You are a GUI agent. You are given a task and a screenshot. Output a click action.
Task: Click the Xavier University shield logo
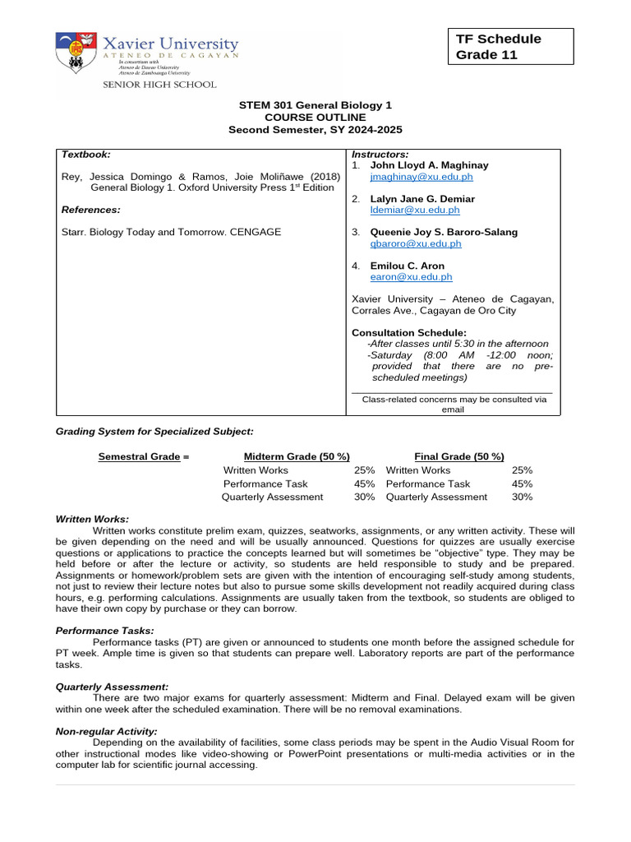pyautogui.click(x=74, y=52)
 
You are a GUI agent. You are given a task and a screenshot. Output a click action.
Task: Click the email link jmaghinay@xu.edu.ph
pyautogui.click(x=421, y=177)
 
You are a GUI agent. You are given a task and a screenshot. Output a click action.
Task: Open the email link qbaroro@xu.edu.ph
pyautogui.click(x=416, y=243)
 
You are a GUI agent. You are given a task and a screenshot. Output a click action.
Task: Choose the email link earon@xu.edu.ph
pyautogui.click(x=411, y=277)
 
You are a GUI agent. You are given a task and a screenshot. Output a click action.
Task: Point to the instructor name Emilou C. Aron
pyautogui.click(x=407, y=266)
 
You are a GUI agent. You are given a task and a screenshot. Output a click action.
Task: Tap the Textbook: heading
pyautogui.click(x=86, y=155)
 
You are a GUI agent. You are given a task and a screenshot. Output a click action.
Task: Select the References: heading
pyautogui.click(x=91, y=210)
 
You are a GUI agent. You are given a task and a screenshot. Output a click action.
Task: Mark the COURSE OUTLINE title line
pyautogui.click(x=315, y=118)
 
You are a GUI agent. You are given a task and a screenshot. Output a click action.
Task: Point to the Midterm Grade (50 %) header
pyautogui.click(x=297, y=456)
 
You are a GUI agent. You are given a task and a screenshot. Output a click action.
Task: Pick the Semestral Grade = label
pyautogui.click(x=144, y=456)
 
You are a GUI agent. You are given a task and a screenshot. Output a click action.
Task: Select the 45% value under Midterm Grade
pyautogui.click(x=364, y=483)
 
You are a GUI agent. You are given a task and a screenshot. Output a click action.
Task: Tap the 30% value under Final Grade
pyautogui.click(x=522, y=497)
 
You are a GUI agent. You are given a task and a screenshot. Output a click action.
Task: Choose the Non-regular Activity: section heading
pyautogui.click(x=106, y=731)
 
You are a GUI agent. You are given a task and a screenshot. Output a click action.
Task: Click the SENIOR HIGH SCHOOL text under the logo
pyautogui.click(x=159, y=84)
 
